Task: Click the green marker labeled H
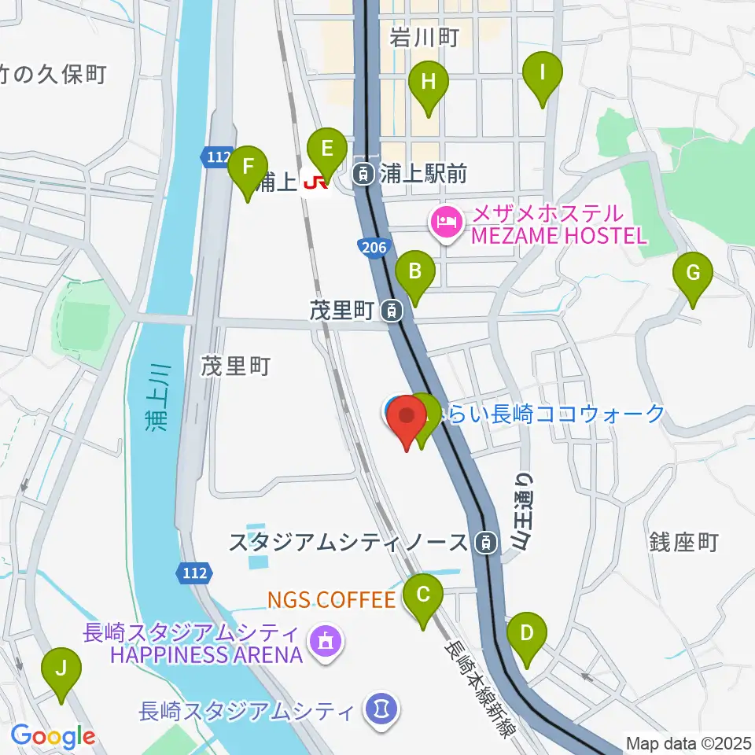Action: [x=428, y=83]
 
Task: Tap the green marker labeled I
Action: [x=542, y=73]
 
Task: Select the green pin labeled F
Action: [x=248, y=168]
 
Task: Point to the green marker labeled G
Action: [x=693, y=274]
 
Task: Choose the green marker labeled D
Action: [x=526, y=633]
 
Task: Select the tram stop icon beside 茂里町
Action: [x=392, y=312]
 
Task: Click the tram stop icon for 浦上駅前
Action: [x=363, y=173]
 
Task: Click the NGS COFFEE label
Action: [x=330, y=601]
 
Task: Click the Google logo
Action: [x=53, y=737]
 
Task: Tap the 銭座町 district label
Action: [x=683, y=542]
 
